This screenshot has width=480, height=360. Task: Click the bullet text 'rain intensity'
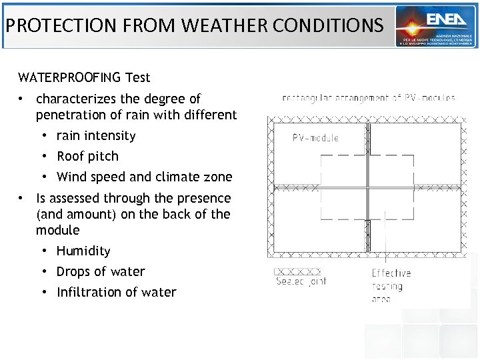pos(96,136)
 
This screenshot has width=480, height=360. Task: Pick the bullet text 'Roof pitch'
pos(87,157)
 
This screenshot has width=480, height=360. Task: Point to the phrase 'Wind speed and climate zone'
pos(145,177)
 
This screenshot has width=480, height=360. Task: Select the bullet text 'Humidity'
pos(83,251)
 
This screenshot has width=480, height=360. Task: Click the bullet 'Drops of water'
pos(101,272)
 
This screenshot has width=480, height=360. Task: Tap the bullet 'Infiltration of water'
pos(117,293)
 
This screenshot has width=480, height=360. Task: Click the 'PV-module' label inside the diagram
pos(315,138)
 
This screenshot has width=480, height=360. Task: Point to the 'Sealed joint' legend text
pos(301,282)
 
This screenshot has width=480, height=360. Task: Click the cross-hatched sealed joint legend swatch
pos(298,271)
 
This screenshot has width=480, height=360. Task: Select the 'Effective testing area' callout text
pos(391,286)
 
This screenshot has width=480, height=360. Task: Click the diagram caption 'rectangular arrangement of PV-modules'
pos(369,98)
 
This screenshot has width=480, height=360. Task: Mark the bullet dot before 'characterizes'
pos(22,99)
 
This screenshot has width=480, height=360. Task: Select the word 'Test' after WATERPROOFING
pos(137,77)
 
